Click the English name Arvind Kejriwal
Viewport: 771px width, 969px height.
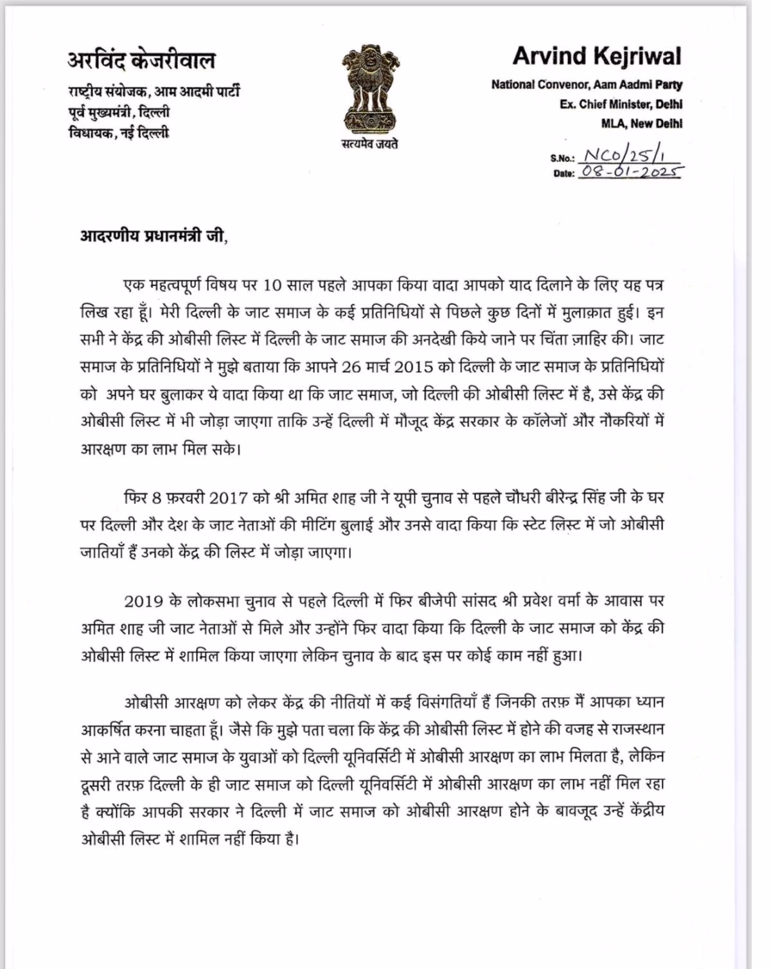[x=597, y=57]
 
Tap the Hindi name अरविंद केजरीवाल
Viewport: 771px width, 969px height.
[x=141, y=60]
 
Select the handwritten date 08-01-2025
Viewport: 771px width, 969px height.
[x=631, y=172]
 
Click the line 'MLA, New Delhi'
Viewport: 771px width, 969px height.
[x=641, y=123]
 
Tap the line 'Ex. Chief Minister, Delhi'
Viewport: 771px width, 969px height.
[x=621, y=104]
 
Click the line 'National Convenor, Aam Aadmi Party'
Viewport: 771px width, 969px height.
[x=587, y=84]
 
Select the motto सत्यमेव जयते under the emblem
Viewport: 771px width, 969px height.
[x=369, y=144]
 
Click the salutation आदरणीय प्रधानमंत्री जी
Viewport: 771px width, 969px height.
[x=153, y=236]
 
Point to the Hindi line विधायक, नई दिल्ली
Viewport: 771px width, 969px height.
[x=119, y=134]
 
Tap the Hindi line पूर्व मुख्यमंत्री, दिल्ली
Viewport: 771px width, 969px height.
[x=119, y=113]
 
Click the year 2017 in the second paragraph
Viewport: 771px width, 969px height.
[x=229, y=498]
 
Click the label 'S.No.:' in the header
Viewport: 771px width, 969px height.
[x=563, y=158]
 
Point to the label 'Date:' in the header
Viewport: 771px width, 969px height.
[x=563, y=173]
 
